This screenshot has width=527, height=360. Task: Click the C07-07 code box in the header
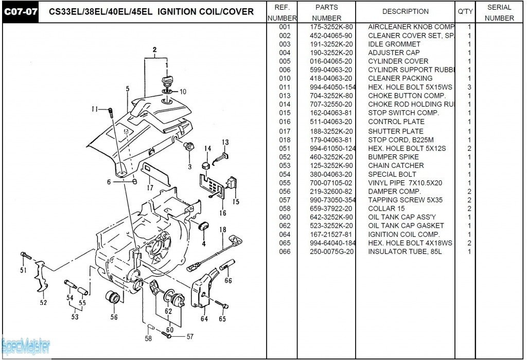[21, 12]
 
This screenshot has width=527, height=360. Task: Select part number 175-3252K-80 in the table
[331, 27]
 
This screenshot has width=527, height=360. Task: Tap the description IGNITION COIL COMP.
[403, 234]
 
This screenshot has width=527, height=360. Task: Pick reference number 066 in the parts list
[285, 252]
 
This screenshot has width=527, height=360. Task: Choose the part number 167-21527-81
[331, 234]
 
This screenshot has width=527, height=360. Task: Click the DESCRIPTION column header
[405, 11]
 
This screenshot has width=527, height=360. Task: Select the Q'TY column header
[465, 11]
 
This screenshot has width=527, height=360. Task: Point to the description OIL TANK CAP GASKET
[406, 226]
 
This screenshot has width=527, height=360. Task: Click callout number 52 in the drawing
[43, 303]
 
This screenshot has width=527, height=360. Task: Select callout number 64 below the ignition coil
[204, 319]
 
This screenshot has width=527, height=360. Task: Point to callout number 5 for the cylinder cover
[127, 89]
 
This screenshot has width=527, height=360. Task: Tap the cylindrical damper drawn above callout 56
[112, 298]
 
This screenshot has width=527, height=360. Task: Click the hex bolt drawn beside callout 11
[111, 111]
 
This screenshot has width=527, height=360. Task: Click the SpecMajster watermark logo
[26, 346]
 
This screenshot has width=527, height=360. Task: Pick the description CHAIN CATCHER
[396, 165]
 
